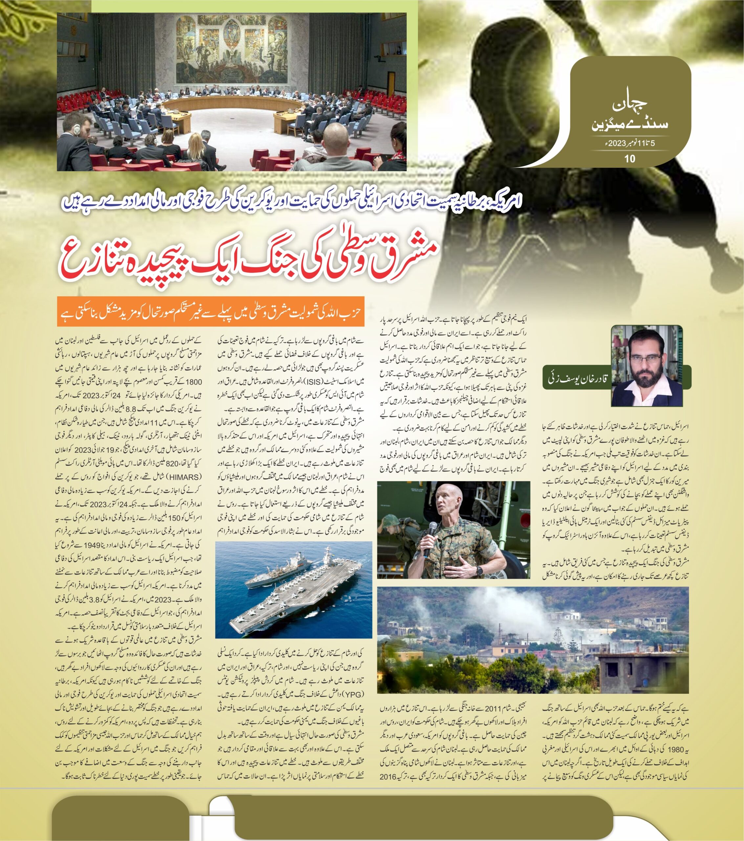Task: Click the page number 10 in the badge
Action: click(x=630, y=158)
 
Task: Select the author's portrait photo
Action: click(x=647, y=365)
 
